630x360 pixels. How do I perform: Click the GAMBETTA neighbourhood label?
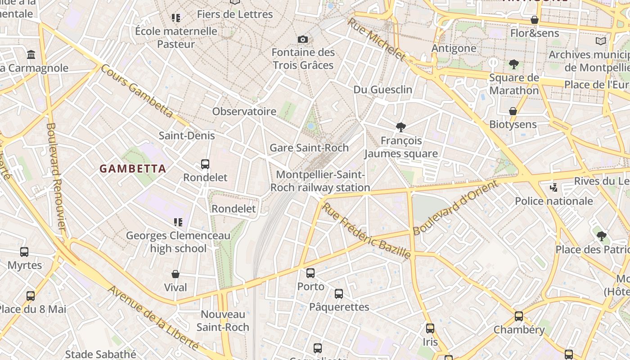point(133,169)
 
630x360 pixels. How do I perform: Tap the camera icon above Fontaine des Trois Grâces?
point(303,40)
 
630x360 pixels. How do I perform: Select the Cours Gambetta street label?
point(136,91)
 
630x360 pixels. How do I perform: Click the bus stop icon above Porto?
point(310,273)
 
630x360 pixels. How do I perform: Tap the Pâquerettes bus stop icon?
point(339,294)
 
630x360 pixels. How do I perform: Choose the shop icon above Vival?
point(175,274)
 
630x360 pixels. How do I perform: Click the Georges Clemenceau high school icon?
point(178,222)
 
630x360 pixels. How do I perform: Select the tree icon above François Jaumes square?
point(400,127)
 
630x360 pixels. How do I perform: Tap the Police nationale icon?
point(554,187)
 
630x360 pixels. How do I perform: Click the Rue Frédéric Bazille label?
point(367,231)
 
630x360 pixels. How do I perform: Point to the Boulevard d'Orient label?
point(455,207)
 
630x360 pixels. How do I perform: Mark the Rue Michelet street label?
point(376,39)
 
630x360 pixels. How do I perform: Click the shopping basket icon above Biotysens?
point(513,111)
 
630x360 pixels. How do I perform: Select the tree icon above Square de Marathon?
point(514,64)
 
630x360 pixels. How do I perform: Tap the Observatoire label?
point(244,111)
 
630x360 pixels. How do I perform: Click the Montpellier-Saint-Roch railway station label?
point(320,181)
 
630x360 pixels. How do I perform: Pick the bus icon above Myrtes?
point(24,252)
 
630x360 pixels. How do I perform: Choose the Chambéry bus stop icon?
point(519,316)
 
